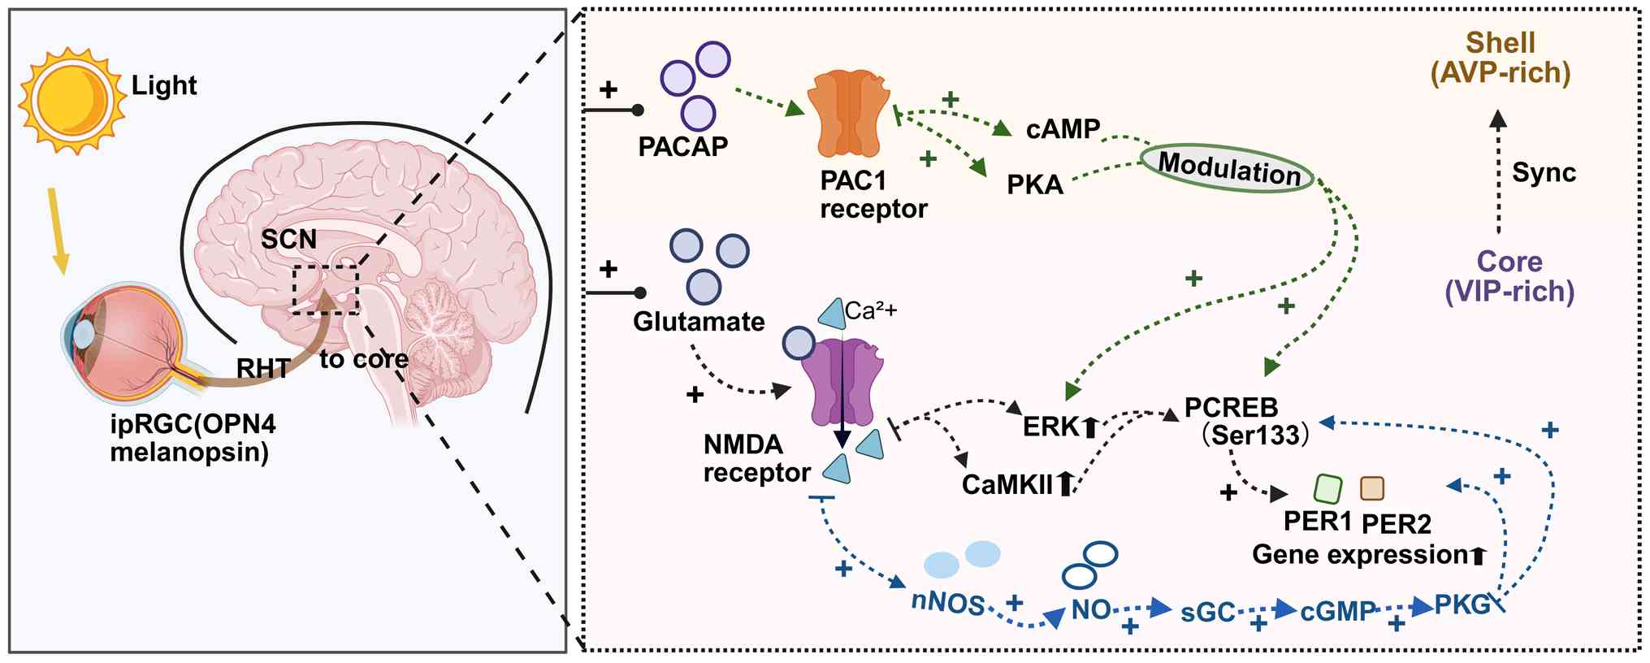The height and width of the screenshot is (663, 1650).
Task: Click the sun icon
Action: click(72, 99)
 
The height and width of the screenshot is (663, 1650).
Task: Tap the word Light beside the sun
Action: click(164, 85)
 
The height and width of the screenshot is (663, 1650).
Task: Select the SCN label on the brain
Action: click(288, 240)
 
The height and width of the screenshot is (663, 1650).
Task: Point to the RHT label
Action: click(262, 369)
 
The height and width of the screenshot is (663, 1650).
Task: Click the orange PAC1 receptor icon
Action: click(849, 114)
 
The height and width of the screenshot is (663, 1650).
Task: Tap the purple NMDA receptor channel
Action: click(842, 382)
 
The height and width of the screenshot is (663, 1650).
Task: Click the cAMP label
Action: click(1063, 128)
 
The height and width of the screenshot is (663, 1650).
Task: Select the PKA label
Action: click(1035, 185)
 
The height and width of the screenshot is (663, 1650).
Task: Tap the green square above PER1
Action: click(1327, 488)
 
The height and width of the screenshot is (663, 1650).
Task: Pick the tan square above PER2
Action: click(1372, 488)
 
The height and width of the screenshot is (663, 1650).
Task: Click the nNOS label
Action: click(947, 604)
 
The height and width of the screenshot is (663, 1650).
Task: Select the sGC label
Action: click(1207, 612)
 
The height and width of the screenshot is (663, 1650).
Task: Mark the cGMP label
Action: click(1338, 611)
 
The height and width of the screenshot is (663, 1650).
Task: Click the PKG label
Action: click(1462, 604)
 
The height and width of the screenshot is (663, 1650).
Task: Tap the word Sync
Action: click(1544, 172)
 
